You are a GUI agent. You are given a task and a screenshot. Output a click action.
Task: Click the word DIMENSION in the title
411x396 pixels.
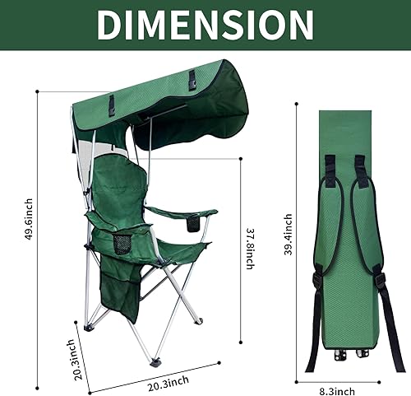(205, 25)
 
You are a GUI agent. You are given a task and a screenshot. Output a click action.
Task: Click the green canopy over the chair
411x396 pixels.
(164, 103)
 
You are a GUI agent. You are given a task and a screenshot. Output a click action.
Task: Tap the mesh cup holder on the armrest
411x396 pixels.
(122, 245)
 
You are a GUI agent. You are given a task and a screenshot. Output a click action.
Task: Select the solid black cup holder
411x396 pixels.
(194, 223)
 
